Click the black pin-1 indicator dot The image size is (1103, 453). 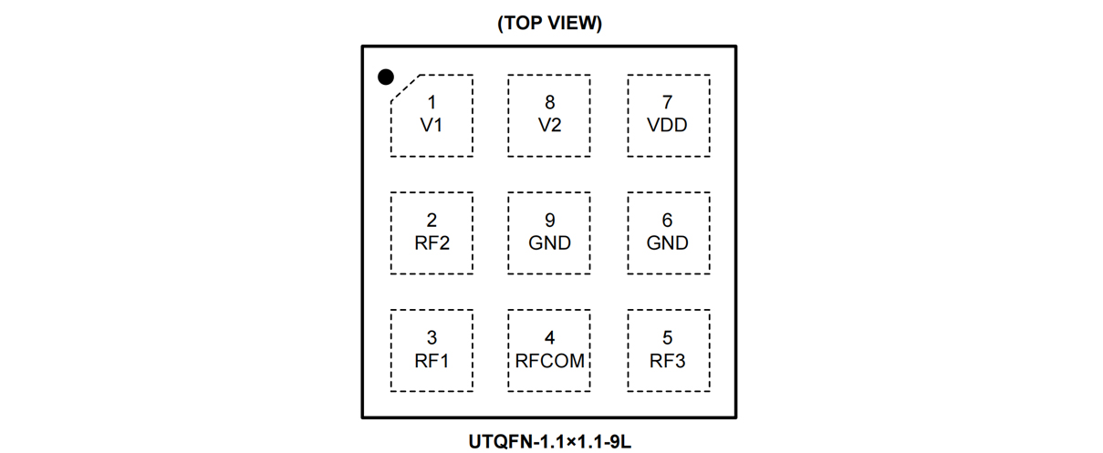386,77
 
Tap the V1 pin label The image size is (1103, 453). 432,126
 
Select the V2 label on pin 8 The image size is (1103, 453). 549,126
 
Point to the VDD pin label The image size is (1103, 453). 667,126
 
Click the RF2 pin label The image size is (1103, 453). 432,243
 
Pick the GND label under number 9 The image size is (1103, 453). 549,243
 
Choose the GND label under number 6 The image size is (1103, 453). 667,243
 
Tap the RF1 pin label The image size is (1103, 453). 432,361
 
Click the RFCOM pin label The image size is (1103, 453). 549,361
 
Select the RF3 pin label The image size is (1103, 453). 667,361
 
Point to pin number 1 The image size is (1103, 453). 432,103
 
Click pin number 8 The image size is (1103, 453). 549,103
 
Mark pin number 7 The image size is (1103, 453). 667,103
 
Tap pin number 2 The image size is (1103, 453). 432,221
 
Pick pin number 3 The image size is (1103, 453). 432,338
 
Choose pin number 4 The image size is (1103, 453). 549,338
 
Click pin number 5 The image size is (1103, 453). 667,338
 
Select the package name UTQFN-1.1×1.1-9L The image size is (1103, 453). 549,443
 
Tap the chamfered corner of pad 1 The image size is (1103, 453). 405,88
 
